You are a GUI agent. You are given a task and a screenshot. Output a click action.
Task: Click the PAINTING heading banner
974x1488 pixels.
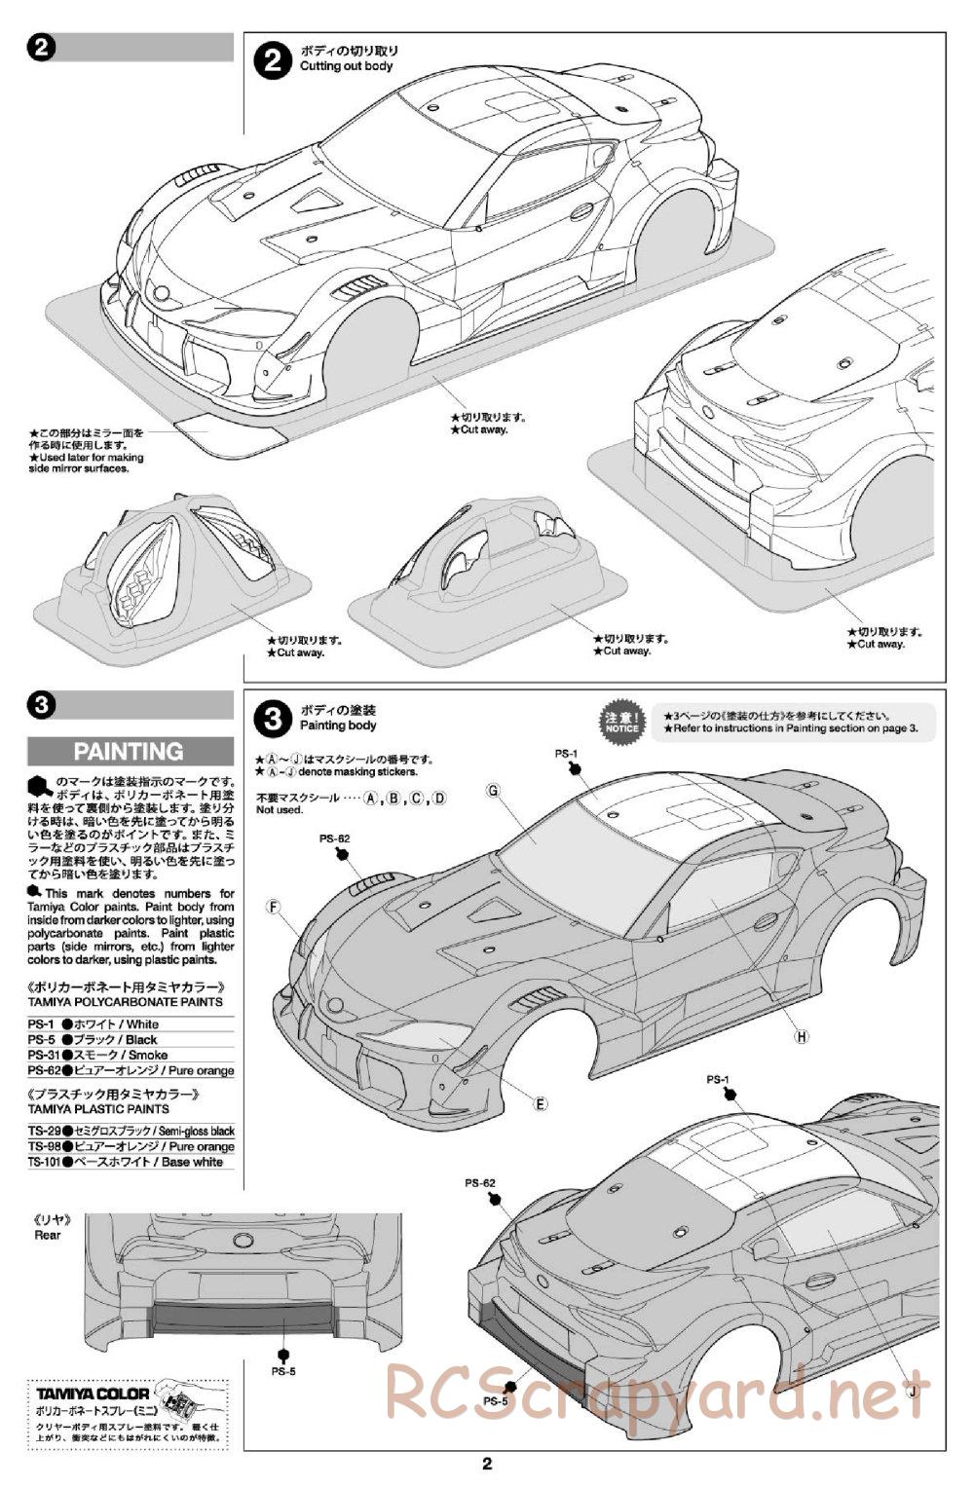click(129, 751)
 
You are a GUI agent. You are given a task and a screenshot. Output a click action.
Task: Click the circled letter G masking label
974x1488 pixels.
click(494, 792)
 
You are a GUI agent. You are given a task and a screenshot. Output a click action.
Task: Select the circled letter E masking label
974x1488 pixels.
click(541, 1103)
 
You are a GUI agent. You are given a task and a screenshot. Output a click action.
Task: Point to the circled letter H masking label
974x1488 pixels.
click(802, 1036)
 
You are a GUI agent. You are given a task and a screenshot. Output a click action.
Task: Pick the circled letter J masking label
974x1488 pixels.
click(913, 1391)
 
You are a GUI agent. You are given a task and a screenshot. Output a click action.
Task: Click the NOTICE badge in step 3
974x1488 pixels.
click(621, 720)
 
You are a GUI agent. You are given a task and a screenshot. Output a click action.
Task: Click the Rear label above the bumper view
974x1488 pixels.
click(47, 1235)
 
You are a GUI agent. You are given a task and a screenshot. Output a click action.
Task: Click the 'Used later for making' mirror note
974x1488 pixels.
click(86, 457)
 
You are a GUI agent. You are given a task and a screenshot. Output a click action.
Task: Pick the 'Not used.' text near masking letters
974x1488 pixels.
click(280, 809)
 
